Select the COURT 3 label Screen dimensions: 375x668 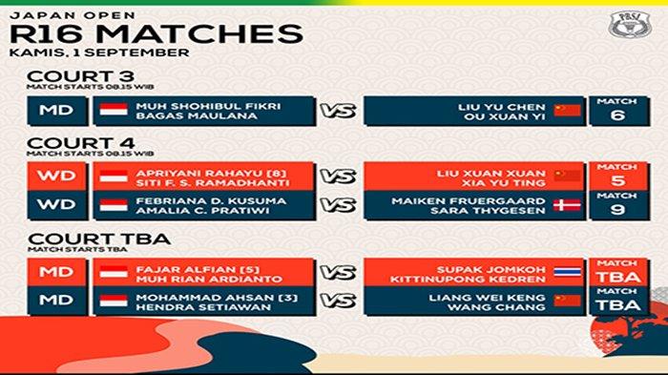(x=66, y=77)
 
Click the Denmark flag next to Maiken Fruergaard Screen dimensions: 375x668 (x=569, y=205)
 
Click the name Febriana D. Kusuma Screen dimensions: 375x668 (x=191, y=200)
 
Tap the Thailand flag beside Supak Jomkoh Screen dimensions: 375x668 (x=569, y=272)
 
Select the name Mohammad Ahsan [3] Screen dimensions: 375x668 (x=191, y=296)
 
